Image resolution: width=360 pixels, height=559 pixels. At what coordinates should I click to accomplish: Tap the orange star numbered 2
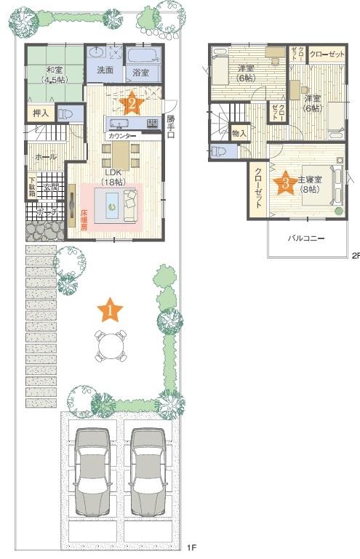click(x=132, y=102)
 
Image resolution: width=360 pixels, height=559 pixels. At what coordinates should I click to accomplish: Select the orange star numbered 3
click(x=285, y=183)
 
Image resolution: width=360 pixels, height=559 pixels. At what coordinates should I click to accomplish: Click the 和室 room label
click(x=53, y=70)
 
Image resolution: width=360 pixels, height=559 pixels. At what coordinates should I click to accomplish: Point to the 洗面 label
click(x=105, y=71)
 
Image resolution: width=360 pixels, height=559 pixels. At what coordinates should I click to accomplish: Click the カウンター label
click(x=121, y=136)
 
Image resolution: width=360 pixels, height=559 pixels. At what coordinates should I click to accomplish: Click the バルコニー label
click(x=305, y=238)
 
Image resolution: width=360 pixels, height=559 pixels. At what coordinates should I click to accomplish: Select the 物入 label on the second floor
click(x=240, y=134)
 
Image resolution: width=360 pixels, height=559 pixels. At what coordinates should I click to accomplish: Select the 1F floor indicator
click(x=191, y=547)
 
